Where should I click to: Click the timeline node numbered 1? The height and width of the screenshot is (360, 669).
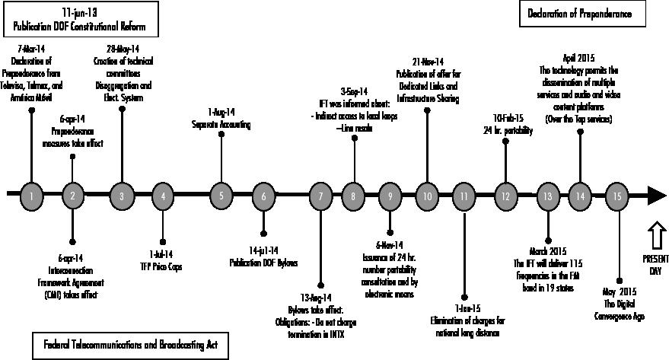[31, 196]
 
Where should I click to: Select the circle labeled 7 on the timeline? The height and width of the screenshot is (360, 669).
[321, 196]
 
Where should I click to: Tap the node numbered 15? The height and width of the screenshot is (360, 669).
[616, 196]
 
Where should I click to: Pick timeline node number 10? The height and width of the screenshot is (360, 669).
[427, 196]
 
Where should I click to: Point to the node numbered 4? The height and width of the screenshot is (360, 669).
[163, 196]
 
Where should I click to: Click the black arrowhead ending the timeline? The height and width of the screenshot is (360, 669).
[656, 196]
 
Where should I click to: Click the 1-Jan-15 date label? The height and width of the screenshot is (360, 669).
[464, 307]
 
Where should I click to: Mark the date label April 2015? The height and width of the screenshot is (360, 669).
[580, 58]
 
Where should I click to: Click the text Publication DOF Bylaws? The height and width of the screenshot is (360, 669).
[264, 263]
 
